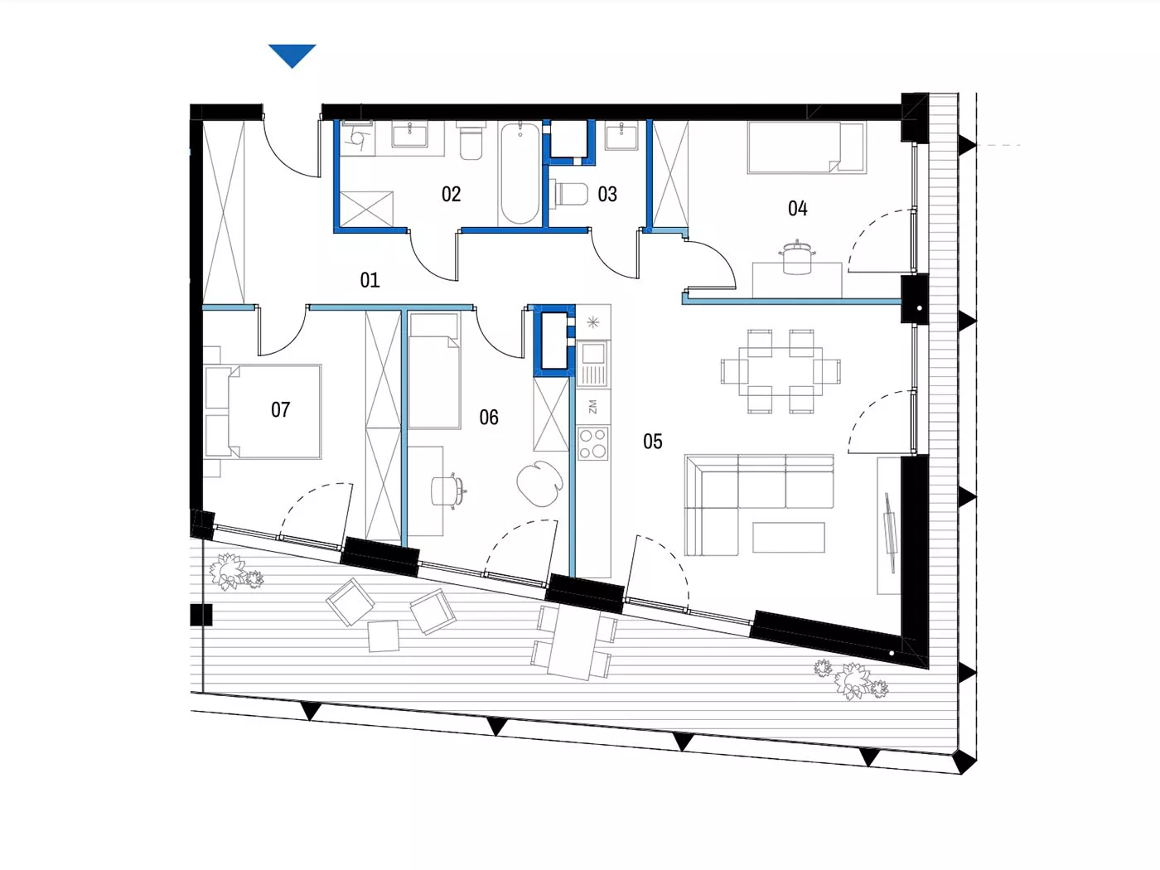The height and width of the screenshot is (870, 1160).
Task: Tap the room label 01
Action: (370, 280)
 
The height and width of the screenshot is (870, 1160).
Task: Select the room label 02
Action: (452, 195)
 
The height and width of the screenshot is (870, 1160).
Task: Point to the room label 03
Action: (607, 195)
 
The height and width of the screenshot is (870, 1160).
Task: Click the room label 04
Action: (797, 209)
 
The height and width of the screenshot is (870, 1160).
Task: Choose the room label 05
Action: (653, 442)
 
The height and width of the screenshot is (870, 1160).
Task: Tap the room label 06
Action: (489, 418)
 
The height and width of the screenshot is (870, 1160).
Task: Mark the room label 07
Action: (281, 410)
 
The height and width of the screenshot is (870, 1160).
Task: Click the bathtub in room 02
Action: (520, 173)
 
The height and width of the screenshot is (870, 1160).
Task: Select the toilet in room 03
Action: (569, 194)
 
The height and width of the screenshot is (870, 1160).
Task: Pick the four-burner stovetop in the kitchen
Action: (593, 443)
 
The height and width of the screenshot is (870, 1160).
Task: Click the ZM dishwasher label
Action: (592, 407)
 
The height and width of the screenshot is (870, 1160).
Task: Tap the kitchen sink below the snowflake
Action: (593, 364)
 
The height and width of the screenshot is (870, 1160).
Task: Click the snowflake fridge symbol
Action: (593, 321)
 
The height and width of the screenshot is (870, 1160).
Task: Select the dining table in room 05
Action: (781, 371)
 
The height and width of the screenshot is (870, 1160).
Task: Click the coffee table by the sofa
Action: (789, 537)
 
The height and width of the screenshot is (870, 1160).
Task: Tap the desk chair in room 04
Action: (796, 258)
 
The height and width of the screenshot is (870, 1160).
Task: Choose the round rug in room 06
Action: (540, 483)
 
